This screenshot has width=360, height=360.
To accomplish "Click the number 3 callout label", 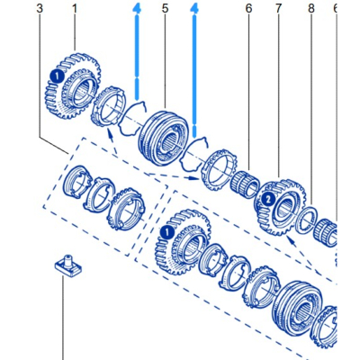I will pyautogui.click(x=40, y=9).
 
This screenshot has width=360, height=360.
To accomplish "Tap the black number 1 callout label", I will pyautogui.click(x=74, y=9).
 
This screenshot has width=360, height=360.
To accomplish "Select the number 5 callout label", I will pyautogui.click(x=165, y=9).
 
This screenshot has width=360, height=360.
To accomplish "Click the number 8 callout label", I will pyautogui.click(x=310, y=9).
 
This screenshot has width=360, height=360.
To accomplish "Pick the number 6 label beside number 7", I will pyautogui.click(x=248, y=9).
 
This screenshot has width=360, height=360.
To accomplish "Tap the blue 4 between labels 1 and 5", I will pyautogui.click(x=136, y=9).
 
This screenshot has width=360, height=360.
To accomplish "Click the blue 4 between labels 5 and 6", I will pyautogui.click(x=194, y=9).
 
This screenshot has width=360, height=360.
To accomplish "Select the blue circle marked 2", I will pyautogui.click(x=268, y=197).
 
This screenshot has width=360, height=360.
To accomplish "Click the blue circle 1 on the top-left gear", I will pyautogui.click(x=55, y=77).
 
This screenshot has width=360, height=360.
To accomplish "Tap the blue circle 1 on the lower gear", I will pyautogui.click(x=164, y=232).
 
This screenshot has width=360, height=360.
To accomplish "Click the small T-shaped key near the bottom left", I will pyautogui.click(x=64, y=265).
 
